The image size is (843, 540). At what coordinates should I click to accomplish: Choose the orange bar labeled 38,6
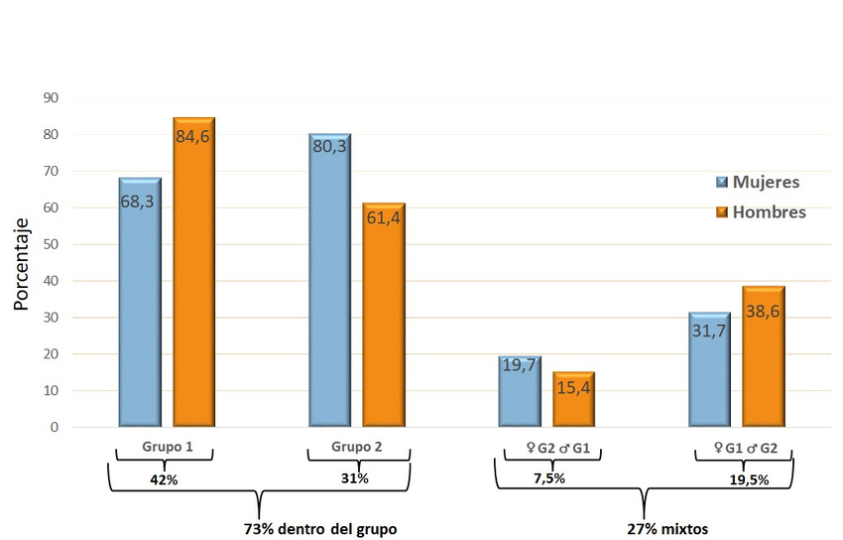pyautogui.click(x=764, y=357)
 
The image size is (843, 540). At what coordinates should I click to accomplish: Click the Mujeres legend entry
pyautogui.click(x=758, y=182)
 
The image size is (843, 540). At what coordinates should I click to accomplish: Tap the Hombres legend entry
pyautogui.click(x=761, y=211)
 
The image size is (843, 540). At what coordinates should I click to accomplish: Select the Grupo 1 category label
pyautogui.click(x=165, y=448)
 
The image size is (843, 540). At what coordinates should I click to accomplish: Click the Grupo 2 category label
pyautogui.click(x=356, y=448)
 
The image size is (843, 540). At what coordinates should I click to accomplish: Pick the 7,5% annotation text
pyautogui.click(x=549, y=478)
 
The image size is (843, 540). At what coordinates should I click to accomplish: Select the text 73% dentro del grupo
pyautogui.click(x=320, y=529)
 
